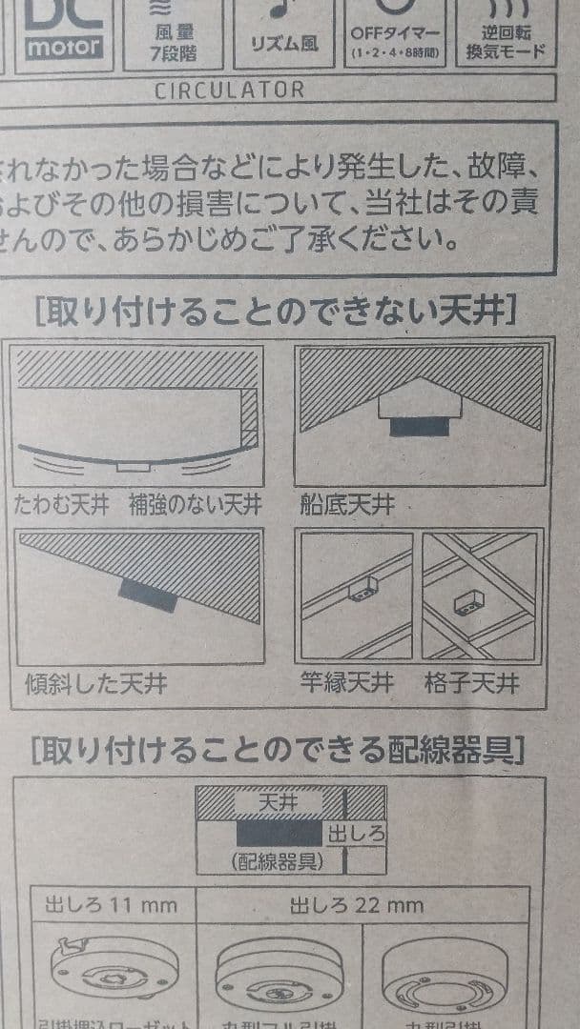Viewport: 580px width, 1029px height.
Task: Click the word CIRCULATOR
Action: click(229, 91)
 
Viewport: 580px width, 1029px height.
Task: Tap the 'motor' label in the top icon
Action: click(64, 46)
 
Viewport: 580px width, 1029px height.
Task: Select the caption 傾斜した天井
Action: click(95, 685)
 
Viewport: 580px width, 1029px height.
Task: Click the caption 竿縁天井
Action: click(346, 683)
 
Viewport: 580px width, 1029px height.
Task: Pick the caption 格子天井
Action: click(473, 683)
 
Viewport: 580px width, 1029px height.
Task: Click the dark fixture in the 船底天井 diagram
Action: click(419, 426)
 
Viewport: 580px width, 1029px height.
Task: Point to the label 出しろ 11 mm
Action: click(111, 905)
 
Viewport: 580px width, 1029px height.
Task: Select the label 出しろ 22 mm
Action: click(358, 905)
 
